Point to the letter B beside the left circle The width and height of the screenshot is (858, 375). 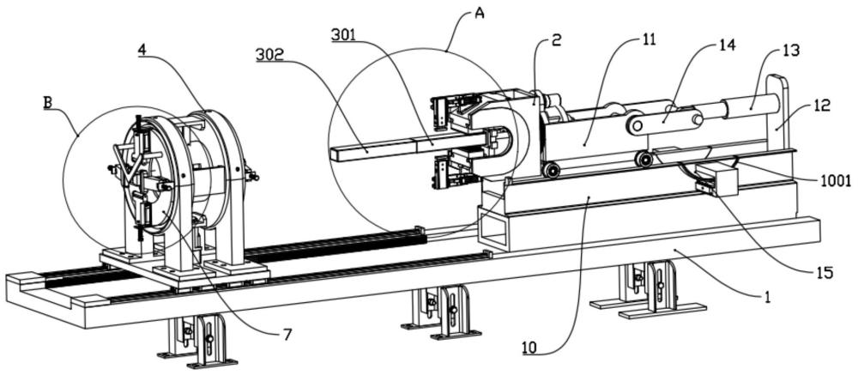click(48, 100)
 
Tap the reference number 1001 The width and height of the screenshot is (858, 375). click(834, 181)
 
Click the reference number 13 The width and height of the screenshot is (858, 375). click(791, 51)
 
